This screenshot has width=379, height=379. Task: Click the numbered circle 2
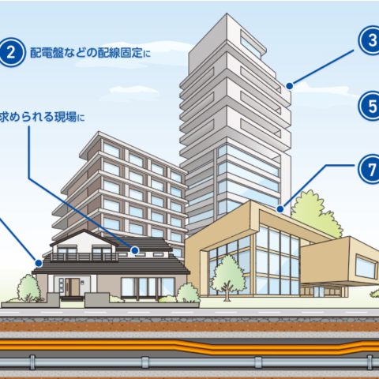click(11, 53)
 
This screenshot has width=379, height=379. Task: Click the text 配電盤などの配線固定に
click(90, 53)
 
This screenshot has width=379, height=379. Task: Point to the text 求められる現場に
click(42, 117)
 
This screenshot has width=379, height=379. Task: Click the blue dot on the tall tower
click(290, 86)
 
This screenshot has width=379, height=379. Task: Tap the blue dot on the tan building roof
click(280, 209)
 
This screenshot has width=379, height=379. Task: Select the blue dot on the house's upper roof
click(135, 250)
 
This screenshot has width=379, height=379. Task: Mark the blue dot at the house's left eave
click(39, 263)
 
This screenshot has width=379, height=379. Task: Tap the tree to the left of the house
click(28, 287)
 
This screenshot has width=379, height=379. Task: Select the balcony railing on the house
click(84, 257)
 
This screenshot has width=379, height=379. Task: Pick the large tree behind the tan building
click(316, 213)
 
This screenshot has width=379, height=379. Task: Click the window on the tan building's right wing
click(365, 266)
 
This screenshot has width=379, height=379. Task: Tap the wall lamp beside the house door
click(82, 283)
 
